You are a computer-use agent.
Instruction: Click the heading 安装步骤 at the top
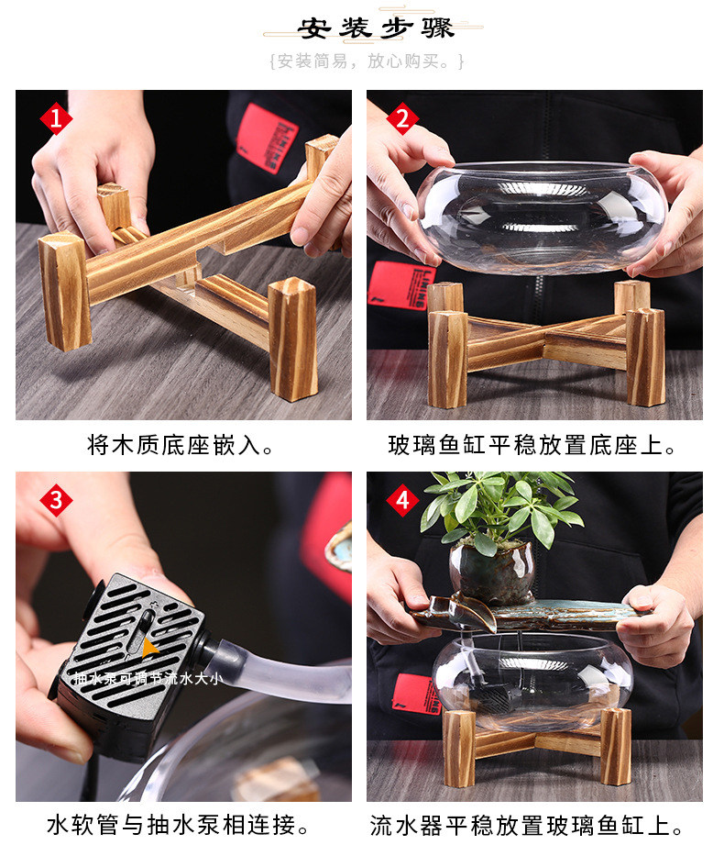(x=376, y=28)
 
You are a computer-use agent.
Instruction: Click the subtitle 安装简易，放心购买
(x=367, y=61)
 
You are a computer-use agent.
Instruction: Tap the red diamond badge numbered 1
(x=56, y=118)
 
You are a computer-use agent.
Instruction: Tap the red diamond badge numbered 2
(x=402, y=118)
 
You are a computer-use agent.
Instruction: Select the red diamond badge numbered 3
(x=56, y=501)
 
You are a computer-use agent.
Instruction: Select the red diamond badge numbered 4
(x=402, y=501)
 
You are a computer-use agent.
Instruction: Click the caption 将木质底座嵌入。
(x=181, y=447)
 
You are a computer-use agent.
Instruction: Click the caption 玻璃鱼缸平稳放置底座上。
(x=533, y=447)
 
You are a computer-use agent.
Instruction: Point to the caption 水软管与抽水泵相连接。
(x=178, y=825)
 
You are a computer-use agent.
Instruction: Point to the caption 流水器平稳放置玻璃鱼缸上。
(x=533, y=825)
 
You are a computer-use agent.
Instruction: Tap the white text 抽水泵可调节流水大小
(x=146, y=680)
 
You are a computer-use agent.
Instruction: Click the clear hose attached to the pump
(x=275, y=678)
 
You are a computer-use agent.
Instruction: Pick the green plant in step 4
(x=499, y=509)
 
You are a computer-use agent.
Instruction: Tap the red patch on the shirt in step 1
(x=267, y=139)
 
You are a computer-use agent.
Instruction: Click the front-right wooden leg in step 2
(x=645, y=357)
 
